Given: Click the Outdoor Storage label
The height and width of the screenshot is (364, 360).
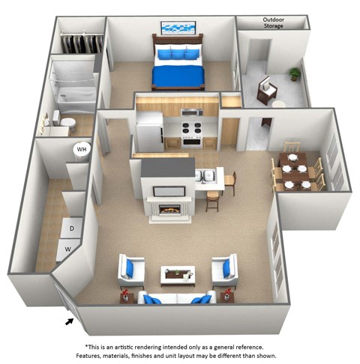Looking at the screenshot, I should [x=273, y=23].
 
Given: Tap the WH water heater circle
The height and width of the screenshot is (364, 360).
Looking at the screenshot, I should [x=81, y=149].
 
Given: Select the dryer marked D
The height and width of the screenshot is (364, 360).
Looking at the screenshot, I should [x=72, y=228].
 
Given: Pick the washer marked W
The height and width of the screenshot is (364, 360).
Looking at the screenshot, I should [x=67, y=248].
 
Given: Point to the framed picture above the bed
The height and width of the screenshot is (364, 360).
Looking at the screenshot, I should [x=178, y=28].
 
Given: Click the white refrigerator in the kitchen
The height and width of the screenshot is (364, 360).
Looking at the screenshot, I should [x=149, y=131].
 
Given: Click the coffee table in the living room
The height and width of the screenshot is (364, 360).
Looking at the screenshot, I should [x=178, y=273].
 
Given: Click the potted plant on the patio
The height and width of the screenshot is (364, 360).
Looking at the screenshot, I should [x=295, y=74].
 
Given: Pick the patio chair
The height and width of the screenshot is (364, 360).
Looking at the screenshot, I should [x=266, y=91].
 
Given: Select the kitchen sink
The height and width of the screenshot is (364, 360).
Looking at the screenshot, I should [x=205, y=176].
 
